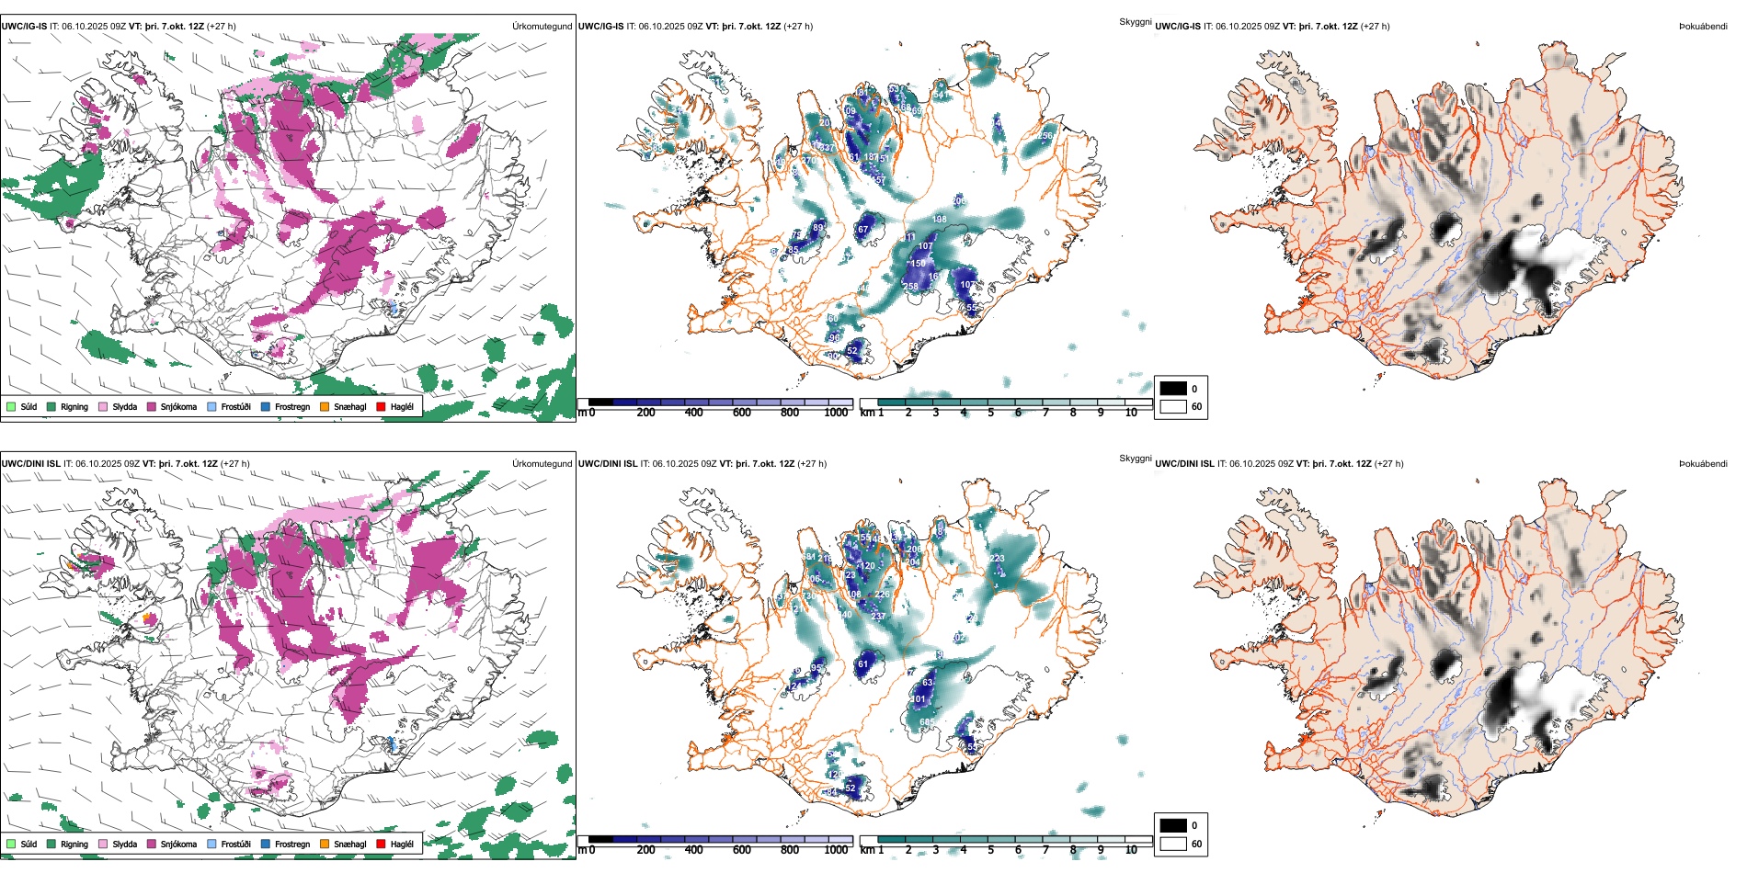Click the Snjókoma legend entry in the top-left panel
point(177,406)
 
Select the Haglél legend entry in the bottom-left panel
point(401,844)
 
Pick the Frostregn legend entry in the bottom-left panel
point(291,844)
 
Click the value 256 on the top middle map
point(1045,136)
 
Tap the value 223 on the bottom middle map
point(997,558)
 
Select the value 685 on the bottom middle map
point(927,722)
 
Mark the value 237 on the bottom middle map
point(878,616)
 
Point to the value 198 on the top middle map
point(939,220)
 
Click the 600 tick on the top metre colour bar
point(741,413)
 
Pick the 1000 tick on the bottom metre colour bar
point(836,850)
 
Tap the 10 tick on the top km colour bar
point(1131,413)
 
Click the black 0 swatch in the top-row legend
point(1173,389)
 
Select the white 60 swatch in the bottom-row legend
point(1173,844)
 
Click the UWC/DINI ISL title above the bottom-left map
point(30,463)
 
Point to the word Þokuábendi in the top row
point(1703,26)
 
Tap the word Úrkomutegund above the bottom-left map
point(542,463)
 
